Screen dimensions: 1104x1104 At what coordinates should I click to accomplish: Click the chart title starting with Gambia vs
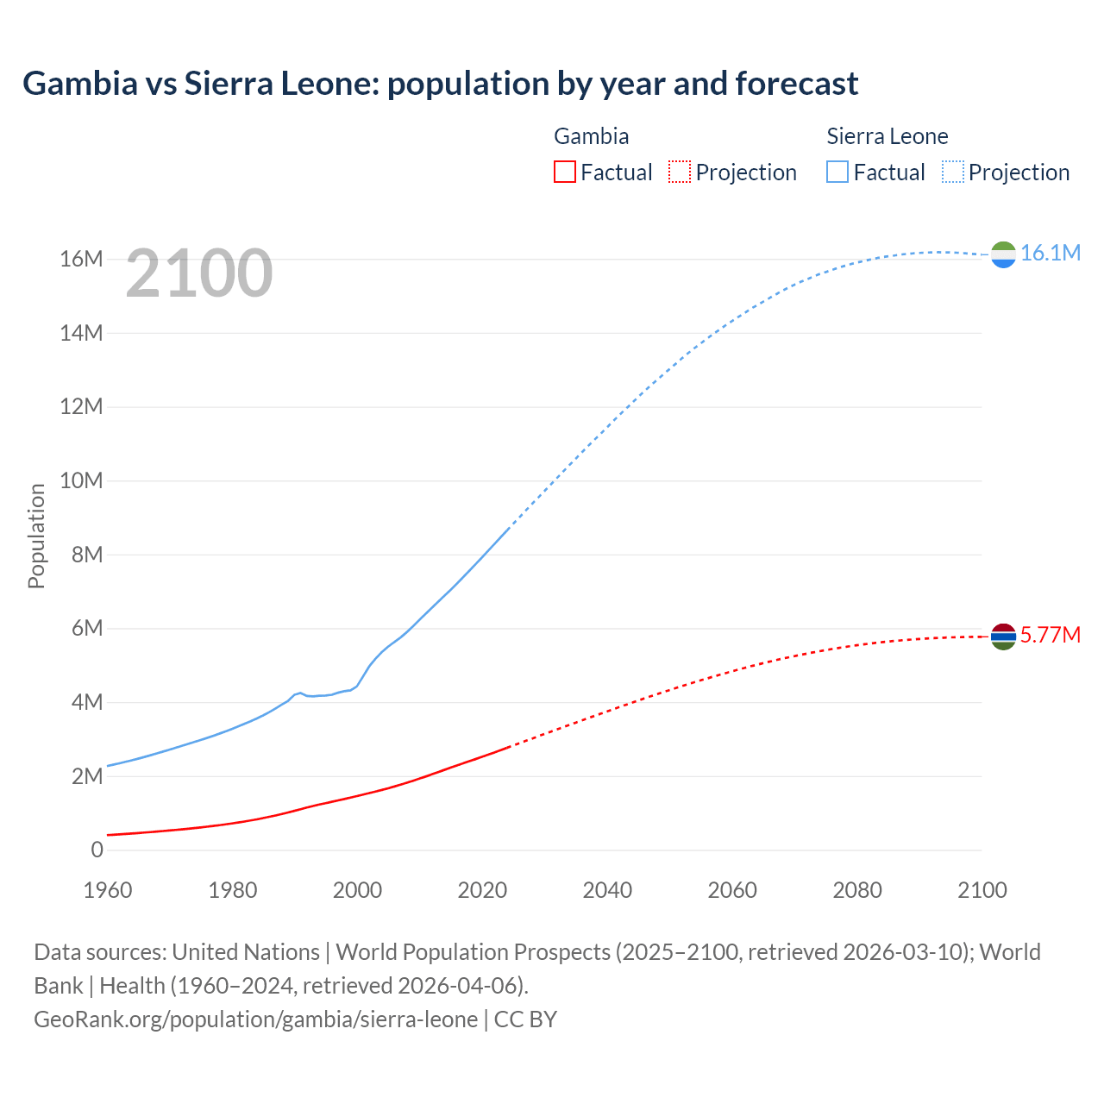point(440,84)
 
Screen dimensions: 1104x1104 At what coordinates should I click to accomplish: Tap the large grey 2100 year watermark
point(199,273)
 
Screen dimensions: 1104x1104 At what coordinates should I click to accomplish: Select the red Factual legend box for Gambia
point(565,172)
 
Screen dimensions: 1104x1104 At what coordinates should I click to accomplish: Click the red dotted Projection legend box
point(680,172)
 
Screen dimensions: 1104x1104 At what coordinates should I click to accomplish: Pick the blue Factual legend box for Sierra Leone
point(837,172)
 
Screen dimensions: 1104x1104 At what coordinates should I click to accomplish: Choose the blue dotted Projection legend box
point(953,172)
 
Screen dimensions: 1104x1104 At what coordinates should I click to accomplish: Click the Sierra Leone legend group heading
point(887,136)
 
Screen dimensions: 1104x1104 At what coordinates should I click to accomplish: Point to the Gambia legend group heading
point(591,136)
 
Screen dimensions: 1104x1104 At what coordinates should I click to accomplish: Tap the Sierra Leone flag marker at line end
point(1003,254)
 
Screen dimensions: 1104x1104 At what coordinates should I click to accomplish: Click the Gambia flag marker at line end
point(1003,637)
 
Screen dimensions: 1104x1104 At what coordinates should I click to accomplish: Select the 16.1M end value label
point(1050,253)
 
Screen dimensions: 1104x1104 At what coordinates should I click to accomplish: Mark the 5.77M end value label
point(1050,635)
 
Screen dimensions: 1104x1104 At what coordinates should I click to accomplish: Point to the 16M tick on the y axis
point(81,259)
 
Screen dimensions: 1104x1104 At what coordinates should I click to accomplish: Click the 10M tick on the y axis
point(81,480)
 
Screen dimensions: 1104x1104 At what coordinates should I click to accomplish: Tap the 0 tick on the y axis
point(97,850)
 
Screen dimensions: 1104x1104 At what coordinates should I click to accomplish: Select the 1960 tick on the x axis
point(108,890)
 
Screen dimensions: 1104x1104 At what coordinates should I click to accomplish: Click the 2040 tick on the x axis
point(607,890)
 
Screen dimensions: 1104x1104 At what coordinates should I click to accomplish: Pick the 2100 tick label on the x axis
point(982,890)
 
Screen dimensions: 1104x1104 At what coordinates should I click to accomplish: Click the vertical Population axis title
point(36,536)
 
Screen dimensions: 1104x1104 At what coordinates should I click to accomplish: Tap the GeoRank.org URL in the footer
point(255,1019)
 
